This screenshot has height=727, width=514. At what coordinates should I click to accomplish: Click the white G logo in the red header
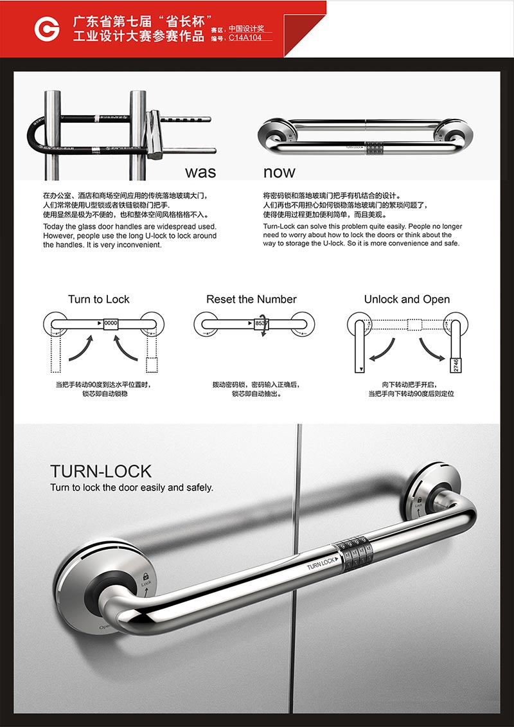coord(47,29)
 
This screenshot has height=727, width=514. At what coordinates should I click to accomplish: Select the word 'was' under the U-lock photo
coord(200,172)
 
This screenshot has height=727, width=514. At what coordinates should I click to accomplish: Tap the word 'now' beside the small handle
coord(279,172)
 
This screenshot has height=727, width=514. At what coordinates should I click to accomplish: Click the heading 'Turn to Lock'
coord(99,300)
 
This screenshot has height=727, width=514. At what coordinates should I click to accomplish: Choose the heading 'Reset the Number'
coord(251,300)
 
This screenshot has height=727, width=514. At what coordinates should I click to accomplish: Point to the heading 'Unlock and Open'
coord(407,300)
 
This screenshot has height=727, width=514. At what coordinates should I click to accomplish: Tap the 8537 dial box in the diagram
coord(261,323)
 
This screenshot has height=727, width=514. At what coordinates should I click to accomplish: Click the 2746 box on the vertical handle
coord(454,365)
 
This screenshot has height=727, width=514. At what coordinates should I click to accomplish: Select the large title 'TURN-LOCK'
coord(101,472)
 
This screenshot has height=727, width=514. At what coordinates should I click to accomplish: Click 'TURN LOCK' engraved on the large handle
coord(321,563)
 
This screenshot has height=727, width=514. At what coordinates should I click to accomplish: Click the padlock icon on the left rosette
coord(146,577)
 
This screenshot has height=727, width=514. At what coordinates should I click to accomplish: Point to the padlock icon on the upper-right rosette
coord(419,501)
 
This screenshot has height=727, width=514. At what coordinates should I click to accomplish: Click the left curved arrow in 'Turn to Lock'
coord(82,349)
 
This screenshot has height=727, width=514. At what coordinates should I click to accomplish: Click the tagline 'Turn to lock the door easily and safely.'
coord(132,488)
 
